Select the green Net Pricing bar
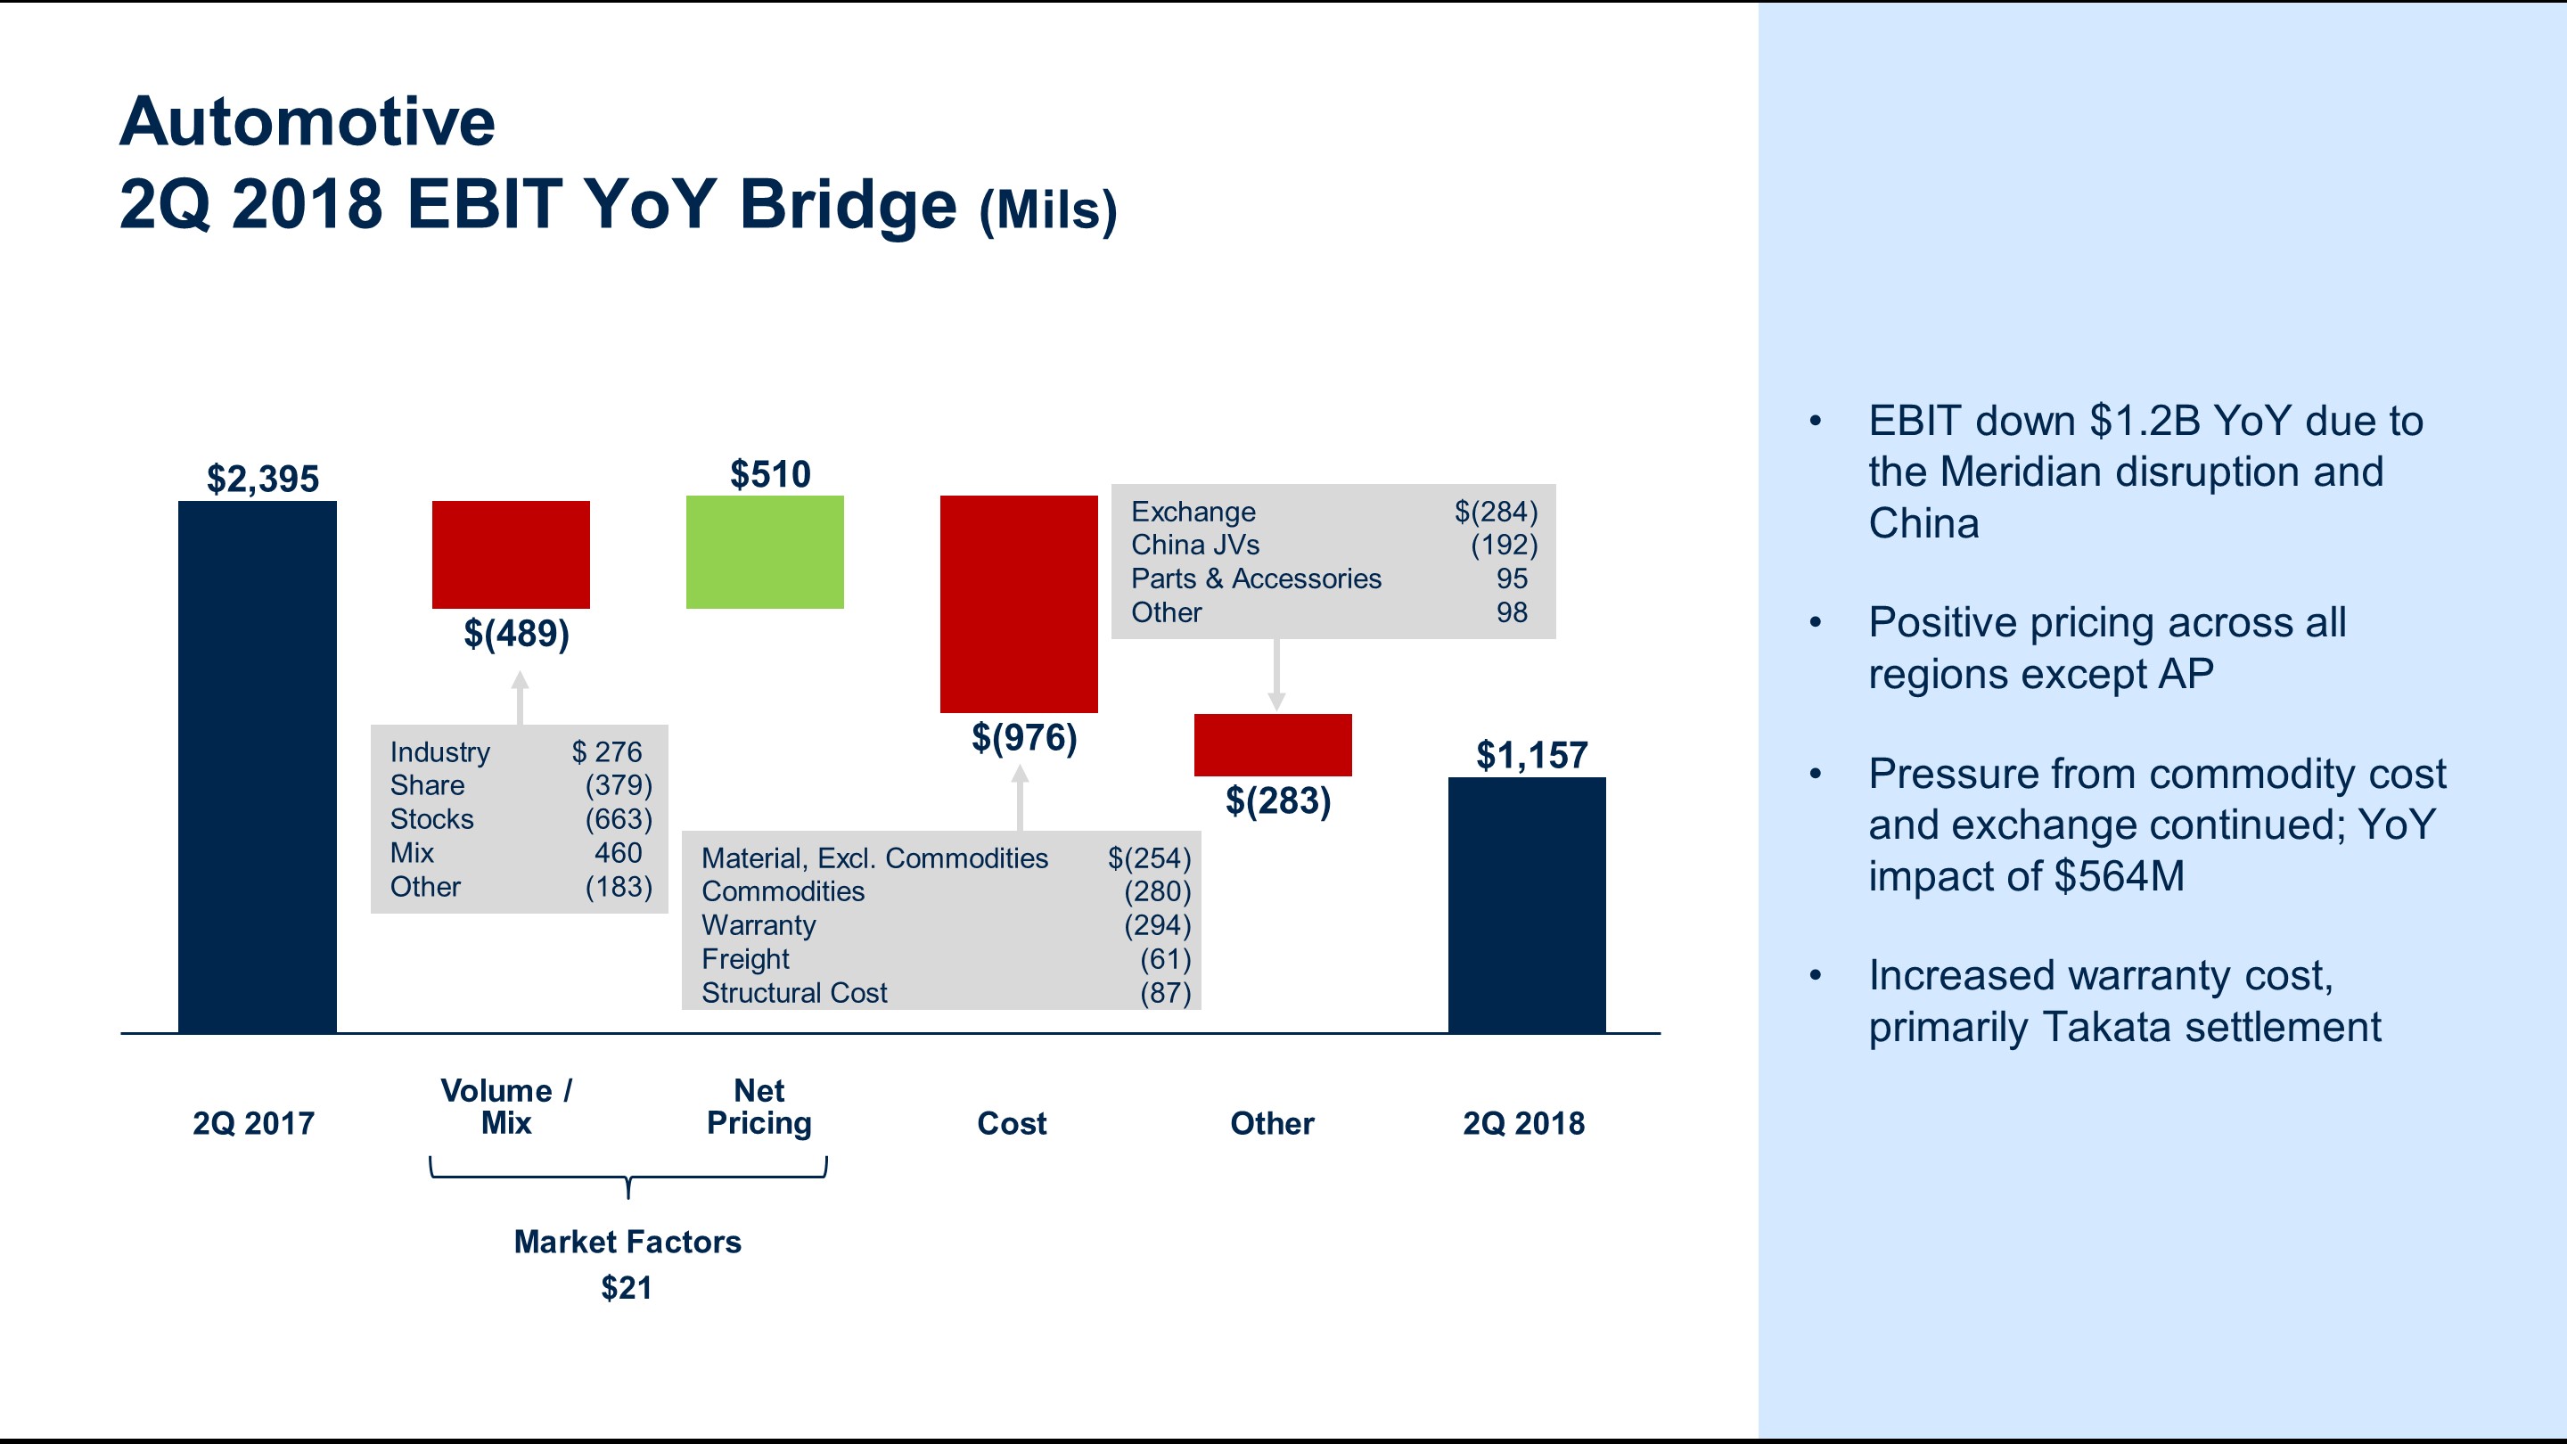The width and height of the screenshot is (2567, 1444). pos(765,551)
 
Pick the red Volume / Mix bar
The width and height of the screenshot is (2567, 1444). pos(510,554)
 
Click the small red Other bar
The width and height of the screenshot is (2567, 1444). pos(1273,744)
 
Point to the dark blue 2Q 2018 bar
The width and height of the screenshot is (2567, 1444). pos(1526,904)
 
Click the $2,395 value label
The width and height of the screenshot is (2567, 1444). pos(262,480)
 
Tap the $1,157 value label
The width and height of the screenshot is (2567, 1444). pos(1530,755)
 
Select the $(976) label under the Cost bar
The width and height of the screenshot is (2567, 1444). pos(1023,737)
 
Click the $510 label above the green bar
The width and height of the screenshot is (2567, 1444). pos(770,474)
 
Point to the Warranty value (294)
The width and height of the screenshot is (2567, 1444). pos(1157,925)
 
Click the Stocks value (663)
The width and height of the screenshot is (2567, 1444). pos(618,819)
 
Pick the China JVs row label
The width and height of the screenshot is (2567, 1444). pos(1194,546)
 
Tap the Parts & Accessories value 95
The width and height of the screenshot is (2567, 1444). pos(1511,579)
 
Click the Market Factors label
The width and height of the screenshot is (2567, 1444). pos(627,1242)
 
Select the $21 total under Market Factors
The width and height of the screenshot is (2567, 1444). pos(626,1287)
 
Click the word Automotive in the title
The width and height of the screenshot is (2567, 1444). pos(307,121)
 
